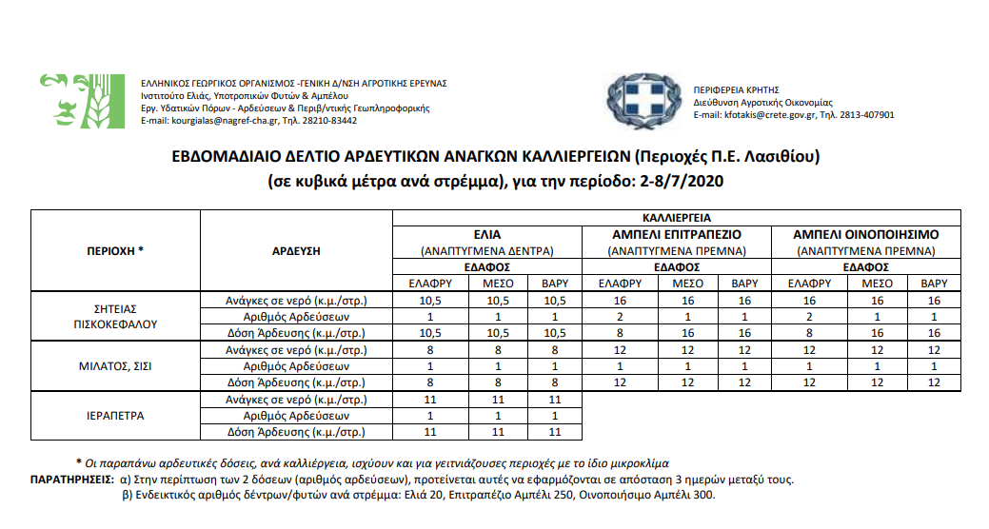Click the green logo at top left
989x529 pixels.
click(83, 101)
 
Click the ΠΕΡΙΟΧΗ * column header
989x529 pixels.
click(115, 251)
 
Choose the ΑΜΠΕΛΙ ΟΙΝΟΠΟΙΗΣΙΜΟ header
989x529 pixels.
click(866, 234)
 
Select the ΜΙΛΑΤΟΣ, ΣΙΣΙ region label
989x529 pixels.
click(115, 365)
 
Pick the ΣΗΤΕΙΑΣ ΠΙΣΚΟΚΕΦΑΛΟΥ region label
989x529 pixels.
click(115, 316)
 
